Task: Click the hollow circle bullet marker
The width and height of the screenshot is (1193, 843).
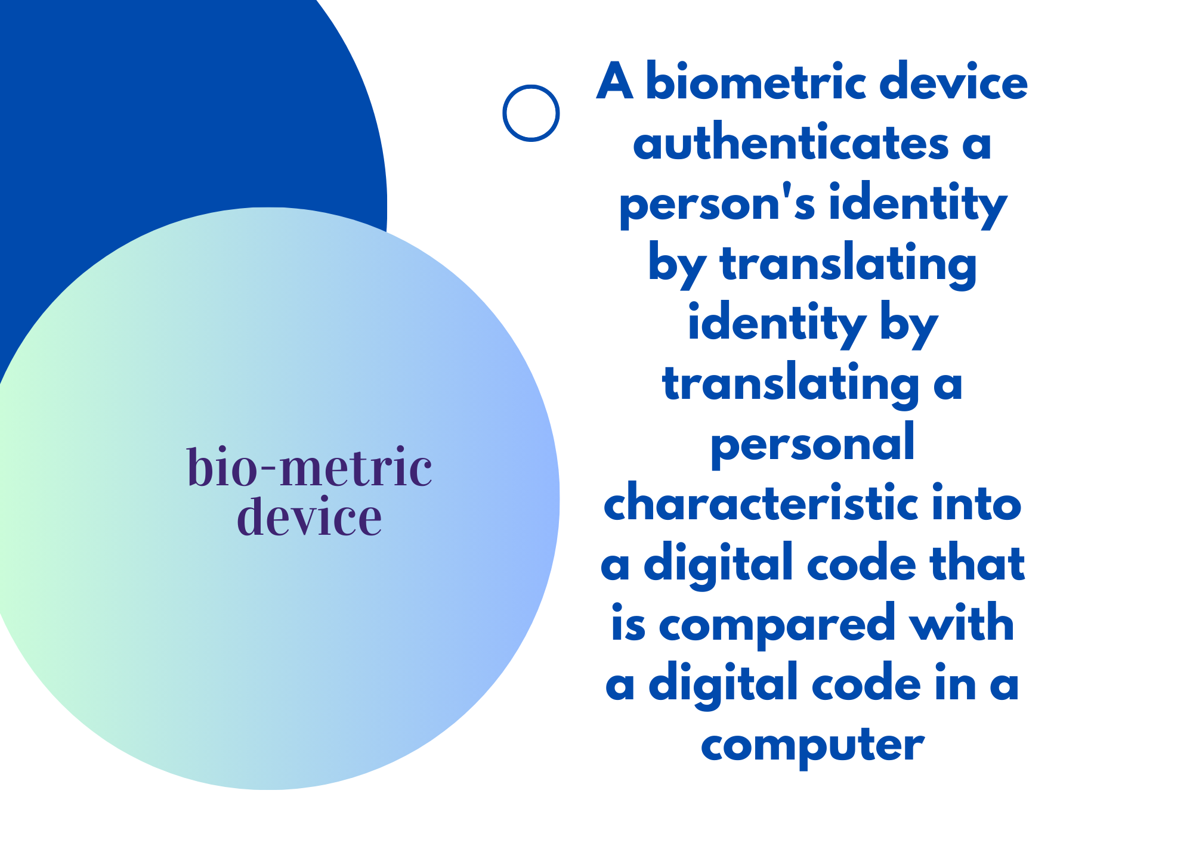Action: pyautogui.click(x=504, y=113)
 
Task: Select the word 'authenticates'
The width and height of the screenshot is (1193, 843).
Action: pyautogui.click(x=791, y=143)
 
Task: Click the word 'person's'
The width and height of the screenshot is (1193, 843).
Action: pyautogui.click(x=718, y=204)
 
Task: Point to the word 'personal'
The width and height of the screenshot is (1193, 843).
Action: pyautogui.click(x=812, y=444)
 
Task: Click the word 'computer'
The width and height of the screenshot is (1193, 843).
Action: pyautogui.click(x=812, y=745)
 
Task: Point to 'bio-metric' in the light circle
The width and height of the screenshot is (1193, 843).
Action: pyautogui.click(x=310, y=467)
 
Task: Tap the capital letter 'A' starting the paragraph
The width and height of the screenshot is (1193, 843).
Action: pyautogui.click(x=614, y=82)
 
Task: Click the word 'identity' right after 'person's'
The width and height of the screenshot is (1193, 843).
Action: pyautogui.click(x=918, y=204)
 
